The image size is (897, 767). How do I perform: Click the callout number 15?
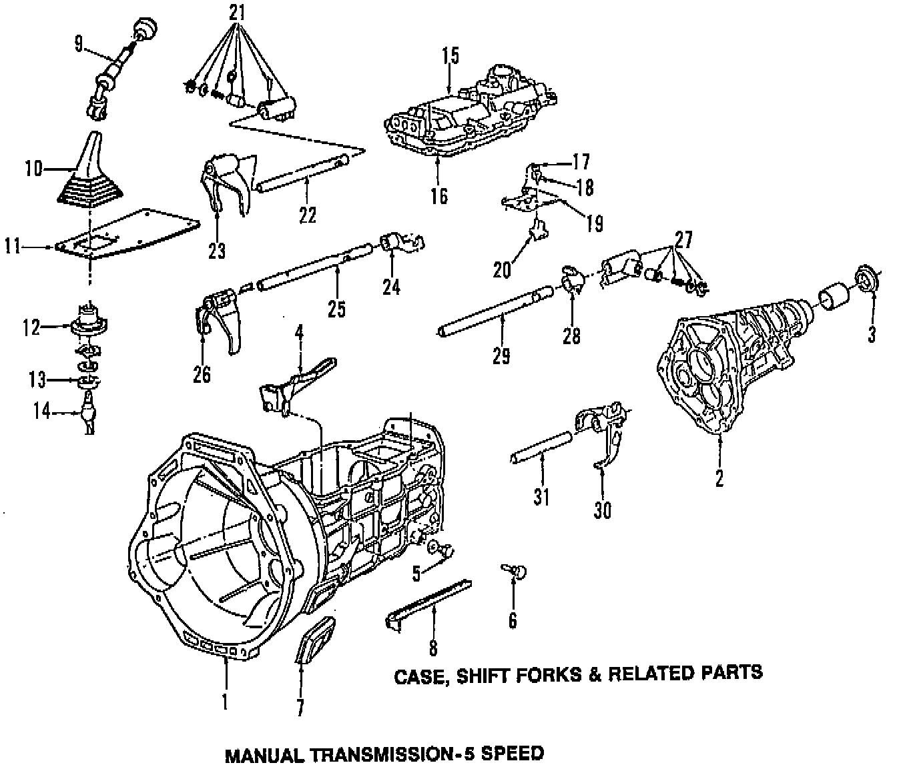(451, 55)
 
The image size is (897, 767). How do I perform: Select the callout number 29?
(501, 355)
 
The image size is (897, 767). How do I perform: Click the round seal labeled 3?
(866, 279)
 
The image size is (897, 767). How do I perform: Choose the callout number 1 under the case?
(225, 702)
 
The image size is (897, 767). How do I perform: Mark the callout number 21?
(236, 12)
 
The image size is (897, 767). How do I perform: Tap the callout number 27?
(683, 239)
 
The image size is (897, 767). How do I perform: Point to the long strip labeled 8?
(428, 602)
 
